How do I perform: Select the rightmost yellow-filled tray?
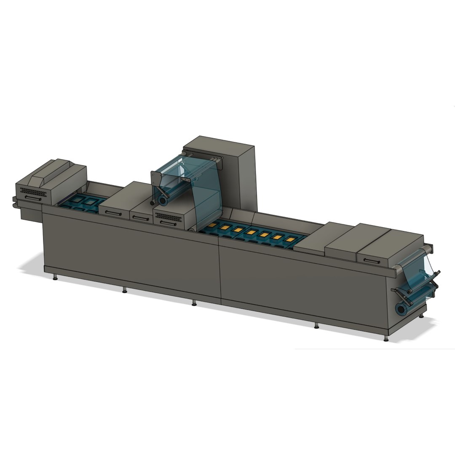point(289,239)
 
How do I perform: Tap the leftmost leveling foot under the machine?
point(55,278)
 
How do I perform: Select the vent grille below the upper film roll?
point(169,217)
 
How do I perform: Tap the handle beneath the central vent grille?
point(169,224)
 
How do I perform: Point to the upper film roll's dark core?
point(163,201)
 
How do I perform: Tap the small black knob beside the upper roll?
point(152,203)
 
